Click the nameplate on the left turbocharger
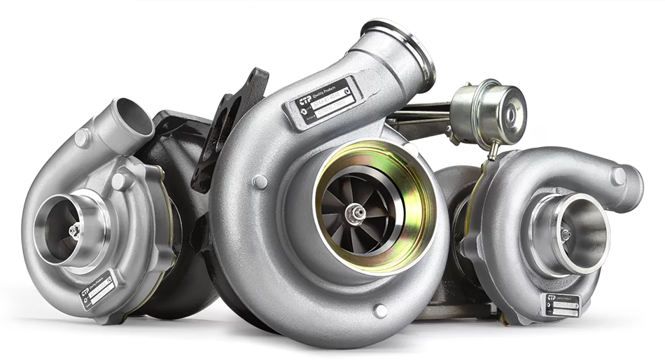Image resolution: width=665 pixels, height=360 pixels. (97, 289)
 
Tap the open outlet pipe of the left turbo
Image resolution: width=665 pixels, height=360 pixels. (133, 117)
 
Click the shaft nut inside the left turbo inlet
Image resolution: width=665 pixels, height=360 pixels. (73, 230)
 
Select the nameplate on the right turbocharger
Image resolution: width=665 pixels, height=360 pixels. (561, 305)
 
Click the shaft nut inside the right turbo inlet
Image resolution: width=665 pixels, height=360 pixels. (566, 235)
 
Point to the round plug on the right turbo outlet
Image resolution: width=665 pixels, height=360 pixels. (618, 176)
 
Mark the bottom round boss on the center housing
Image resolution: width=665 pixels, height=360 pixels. (380, 311)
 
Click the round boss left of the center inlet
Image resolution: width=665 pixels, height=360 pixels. (260, 181)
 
